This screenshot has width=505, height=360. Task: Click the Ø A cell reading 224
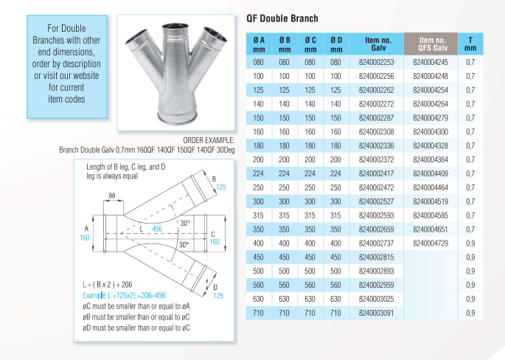tap(259, 173)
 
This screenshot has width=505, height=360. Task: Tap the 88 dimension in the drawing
tap(113, 195)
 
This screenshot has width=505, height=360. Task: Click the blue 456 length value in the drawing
tap(156, 229)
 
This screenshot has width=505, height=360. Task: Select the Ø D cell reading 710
tap(335, 314)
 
